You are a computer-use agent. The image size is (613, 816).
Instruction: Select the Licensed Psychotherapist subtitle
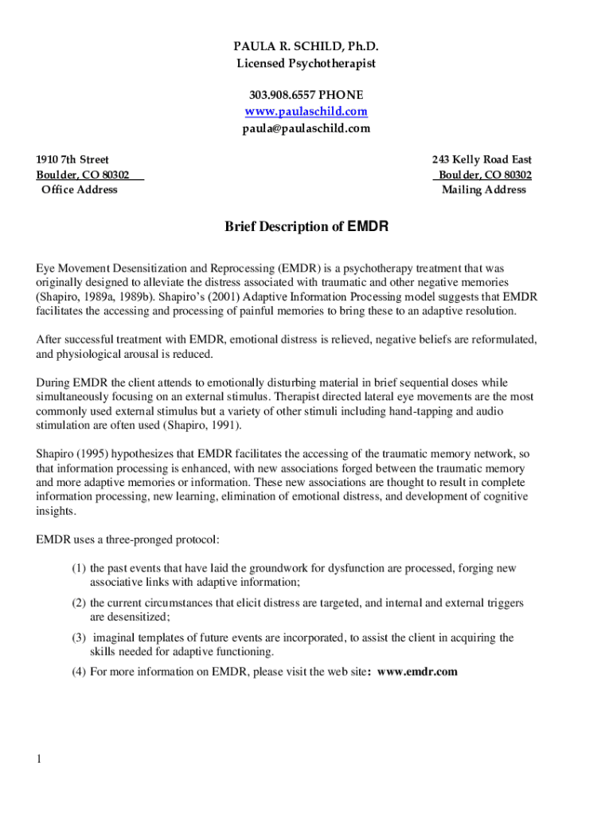point(306,63)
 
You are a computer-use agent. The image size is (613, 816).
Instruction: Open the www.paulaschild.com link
point(306,112)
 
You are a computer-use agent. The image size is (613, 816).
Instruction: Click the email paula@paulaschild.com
point(306,128)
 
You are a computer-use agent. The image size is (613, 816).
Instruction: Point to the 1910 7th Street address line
point(72,159)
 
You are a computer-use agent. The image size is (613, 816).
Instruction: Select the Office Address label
point(79,190)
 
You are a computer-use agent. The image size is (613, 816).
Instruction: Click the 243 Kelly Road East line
point(482,159)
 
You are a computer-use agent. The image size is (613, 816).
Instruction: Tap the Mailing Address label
point(484,190)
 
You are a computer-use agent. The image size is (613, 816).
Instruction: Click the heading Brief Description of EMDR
point(306,227)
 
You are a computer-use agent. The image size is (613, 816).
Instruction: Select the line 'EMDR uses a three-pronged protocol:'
point(127,539)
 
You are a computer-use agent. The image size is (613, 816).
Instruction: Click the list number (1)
point(78,568)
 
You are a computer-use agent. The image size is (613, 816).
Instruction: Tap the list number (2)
point(78,603)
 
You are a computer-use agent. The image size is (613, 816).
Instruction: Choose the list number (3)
point(78,637)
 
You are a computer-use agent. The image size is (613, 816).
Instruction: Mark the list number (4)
point(78,672)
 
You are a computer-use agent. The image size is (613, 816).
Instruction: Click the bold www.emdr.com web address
point(417,672)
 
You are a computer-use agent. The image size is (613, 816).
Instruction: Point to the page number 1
point(38,759)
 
